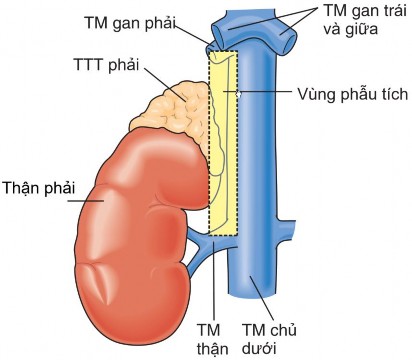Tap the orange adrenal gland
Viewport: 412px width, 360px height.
[175, 110]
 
